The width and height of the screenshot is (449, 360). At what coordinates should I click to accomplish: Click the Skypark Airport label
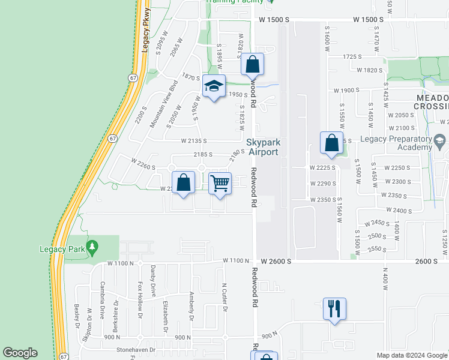[x=263, y=147]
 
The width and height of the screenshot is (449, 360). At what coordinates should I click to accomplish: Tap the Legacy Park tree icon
[x=92, y=246]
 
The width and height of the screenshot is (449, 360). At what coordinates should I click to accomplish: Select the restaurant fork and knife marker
[x=334, y=308]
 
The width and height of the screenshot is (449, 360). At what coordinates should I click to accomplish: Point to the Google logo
[x=20, y=353]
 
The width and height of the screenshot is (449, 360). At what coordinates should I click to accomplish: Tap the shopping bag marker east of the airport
[x=331, y=143]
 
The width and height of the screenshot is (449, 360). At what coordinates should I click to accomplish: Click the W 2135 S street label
[x=194, y=141]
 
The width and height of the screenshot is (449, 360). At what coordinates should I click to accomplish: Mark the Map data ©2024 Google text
[x=411, y=355]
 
